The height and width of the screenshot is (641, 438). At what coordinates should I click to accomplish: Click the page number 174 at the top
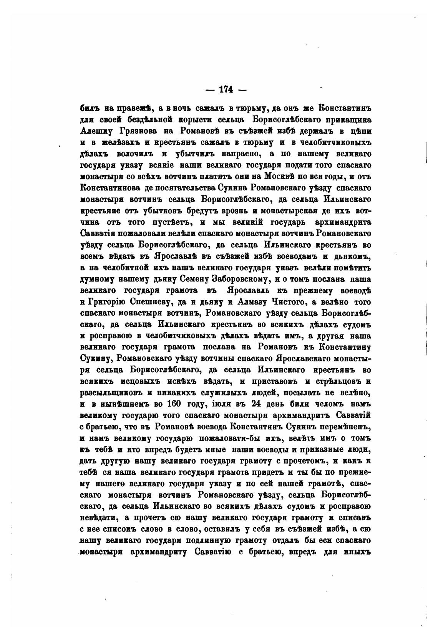(x=226, y=89)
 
